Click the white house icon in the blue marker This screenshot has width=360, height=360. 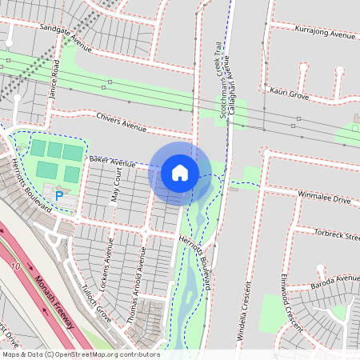click(180, 173)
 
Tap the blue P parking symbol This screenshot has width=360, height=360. click(59, 195)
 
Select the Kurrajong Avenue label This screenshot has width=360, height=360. click(324, 35)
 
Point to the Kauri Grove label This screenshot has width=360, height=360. click(290, 94)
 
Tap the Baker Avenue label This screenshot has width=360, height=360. click(113, 161)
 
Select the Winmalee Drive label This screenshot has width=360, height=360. click(324, 197)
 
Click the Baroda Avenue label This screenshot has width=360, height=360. click(334, 279)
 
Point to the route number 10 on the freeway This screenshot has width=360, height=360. click(15, 264)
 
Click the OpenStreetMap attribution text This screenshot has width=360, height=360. click(81, 354)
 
